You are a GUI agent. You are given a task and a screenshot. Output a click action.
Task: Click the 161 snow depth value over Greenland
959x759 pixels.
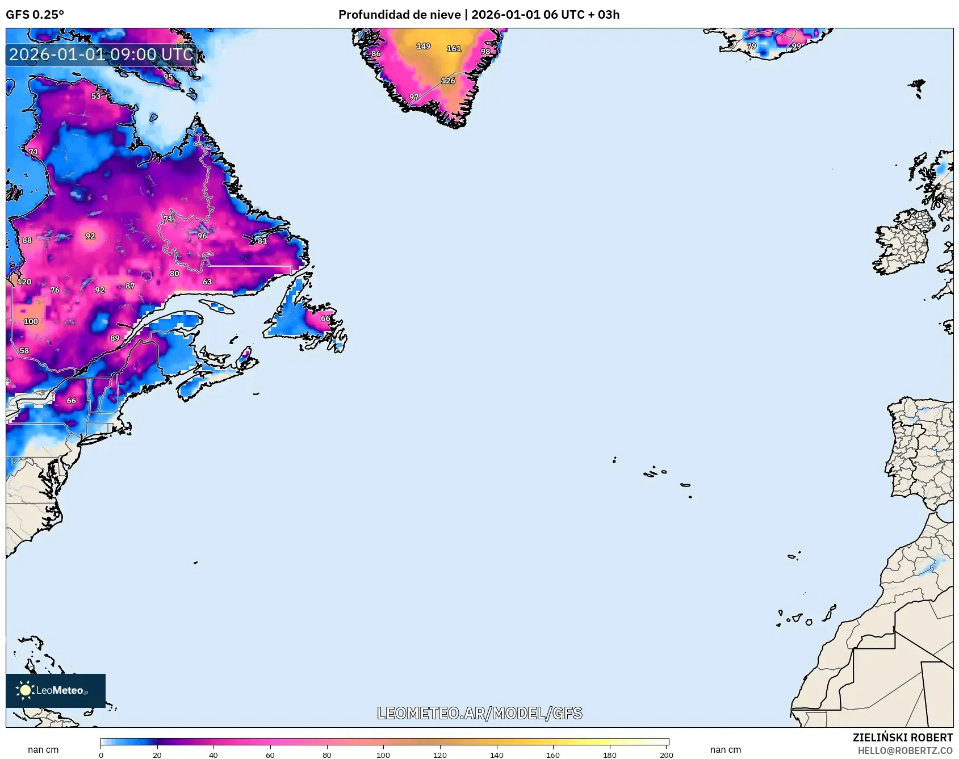tap(454, 49)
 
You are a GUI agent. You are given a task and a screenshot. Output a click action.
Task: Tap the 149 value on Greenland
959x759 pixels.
tap(424, 46)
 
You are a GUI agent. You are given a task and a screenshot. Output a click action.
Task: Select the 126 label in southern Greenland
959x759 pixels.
tap(448, 81)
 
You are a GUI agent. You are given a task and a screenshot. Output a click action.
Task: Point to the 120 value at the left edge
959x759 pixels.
tap(24, 282)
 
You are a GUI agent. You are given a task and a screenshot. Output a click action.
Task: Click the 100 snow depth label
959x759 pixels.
tap(31, 321)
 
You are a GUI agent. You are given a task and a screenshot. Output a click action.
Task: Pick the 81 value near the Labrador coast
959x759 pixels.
tap(262, 241)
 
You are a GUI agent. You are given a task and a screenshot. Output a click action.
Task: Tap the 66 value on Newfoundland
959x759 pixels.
tap(325, 318)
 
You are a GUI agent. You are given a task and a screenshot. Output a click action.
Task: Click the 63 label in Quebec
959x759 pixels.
tap(207, 282)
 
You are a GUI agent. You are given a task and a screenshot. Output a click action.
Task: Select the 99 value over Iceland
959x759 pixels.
tap(797, 47)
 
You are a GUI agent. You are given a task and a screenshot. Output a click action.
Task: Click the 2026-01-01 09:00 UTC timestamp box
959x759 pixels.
tap(101, 54)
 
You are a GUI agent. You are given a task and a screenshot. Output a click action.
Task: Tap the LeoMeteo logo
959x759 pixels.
tap(56, 690)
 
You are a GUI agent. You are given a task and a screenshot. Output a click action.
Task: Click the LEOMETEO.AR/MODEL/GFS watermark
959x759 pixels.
tap(480, 713)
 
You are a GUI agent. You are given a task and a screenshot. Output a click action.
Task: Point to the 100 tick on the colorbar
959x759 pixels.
tap(383, 755)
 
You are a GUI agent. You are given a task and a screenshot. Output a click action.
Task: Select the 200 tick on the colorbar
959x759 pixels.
tap(667, 755)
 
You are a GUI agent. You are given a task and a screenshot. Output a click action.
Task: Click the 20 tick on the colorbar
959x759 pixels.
tap(157, 755)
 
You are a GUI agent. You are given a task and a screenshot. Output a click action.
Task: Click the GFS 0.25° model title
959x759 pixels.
tap(35, 14)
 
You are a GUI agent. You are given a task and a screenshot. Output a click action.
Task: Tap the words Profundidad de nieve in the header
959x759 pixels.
tap(399, 14)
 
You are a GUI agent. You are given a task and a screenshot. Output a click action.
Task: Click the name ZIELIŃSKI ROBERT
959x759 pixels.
tap(902, 737)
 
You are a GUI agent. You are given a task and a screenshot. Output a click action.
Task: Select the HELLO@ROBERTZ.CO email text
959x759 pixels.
tap(905, 750)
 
